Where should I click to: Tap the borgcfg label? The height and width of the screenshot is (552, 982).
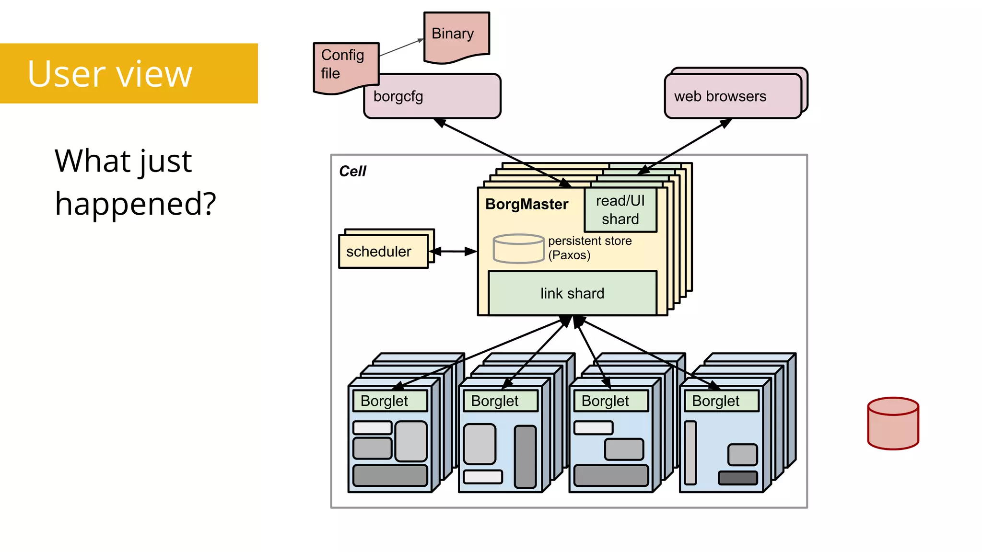coord(398,96)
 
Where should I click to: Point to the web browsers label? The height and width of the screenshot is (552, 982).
coord(720,96)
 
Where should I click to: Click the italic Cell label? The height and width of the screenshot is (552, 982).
coord(352,171)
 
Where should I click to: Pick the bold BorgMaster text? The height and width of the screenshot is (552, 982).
coord(526,204)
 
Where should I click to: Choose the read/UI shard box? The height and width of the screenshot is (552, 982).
coord(620,210)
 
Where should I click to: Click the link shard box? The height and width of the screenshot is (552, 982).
coord(572,293)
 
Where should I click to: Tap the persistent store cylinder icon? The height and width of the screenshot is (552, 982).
coord(518,248)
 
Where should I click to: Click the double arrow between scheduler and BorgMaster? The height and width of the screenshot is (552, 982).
coord(453,251)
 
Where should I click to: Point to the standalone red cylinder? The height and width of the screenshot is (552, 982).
coord(893,424)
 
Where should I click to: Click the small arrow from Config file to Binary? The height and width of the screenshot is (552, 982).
coord(401,47)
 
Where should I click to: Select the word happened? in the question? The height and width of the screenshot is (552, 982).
coord(136,204)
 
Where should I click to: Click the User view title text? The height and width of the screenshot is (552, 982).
coord(110,74)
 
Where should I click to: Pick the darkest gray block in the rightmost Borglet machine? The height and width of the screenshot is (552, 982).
coord(737,478)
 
